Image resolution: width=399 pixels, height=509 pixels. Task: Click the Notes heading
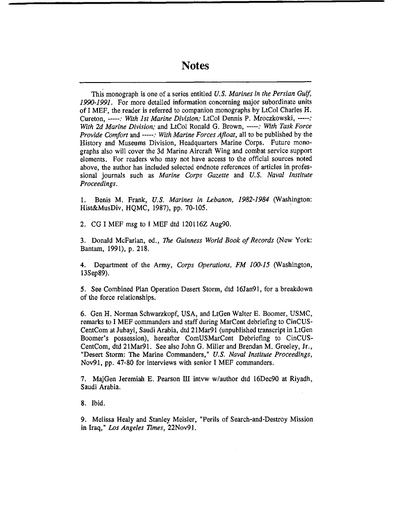(195, 66)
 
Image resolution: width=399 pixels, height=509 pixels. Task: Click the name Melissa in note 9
(105, 420)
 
